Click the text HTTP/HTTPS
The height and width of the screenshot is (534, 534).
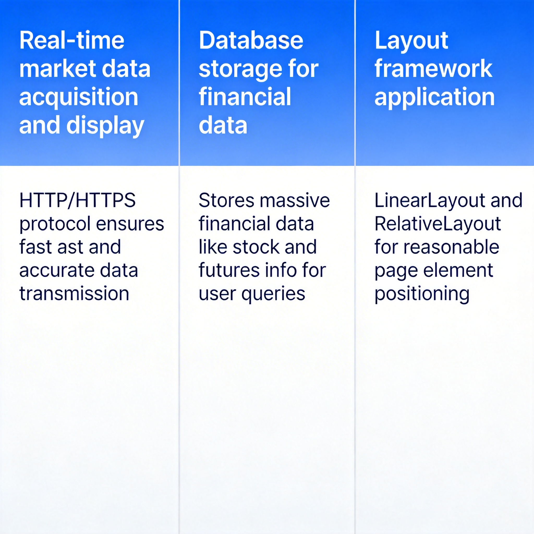click(x=77, y=201)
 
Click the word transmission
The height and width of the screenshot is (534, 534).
click(x=74, y=294)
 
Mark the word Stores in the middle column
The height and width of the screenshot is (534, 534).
click(x=226, y=201)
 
